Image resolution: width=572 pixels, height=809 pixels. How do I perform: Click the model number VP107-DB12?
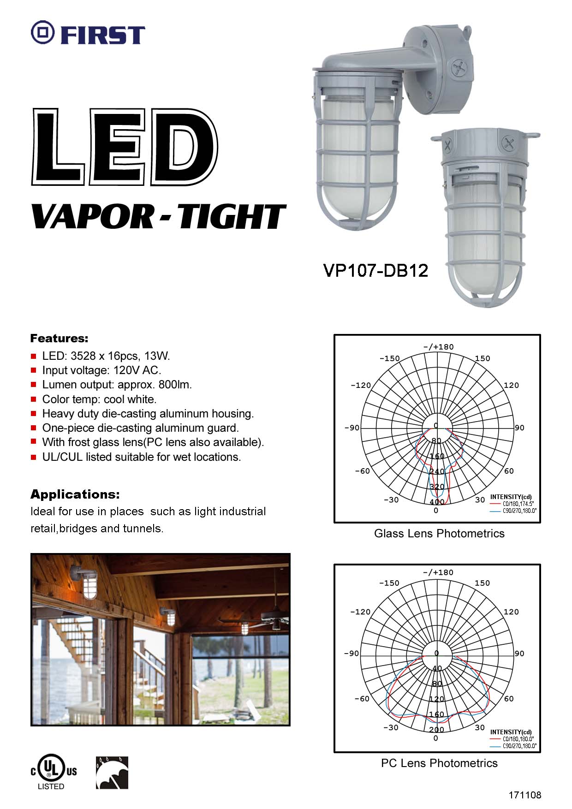[x=375, y=270]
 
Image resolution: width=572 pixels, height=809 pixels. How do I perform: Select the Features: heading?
[x=59, y=339]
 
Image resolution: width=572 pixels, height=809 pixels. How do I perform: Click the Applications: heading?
[x=75, y=494]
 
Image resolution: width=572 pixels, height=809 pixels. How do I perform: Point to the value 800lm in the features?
[x=175, y=385]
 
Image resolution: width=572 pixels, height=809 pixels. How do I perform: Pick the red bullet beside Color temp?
[x=33, y=399]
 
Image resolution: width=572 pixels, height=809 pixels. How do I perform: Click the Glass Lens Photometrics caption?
[x=439, y=534]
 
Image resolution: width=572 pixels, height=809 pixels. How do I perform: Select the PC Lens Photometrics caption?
[x=439, y=763]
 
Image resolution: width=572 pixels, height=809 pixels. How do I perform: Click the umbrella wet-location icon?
[x=112, y=773]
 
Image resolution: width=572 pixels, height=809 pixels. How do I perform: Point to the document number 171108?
[x=525, y=795]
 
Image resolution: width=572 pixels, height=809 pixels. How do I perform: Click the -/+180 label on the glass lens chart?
[x=438, y=347]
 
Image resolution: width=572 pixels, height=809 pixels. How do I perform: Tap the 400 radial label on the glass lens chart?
[x=436, y=502]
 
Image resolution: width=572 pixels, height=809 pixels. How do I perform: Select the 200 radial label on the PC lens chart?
[x=436, y=730]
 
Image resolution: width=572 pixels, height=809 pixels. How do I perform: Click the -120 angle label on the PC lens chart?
[x=360, y=612]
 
